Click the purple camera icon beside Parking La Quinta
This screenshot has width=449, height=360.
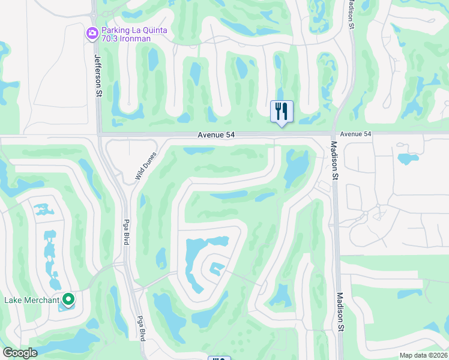(x=92, y=34)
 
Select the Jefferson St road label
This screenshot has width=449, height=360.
(x=98, y=75)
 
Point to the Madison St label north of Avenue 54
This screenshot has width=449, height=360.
(x=351, y=13)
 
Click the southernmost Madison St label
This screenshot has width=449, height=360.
(x=340, y=312)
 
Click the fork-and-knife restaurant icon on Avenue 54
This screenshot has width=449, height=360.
(x=282, y=112)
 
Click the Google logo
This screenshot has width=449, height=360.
(x=20, y=353)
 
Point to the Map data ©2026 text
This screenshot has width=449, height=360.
(x=423, y=355)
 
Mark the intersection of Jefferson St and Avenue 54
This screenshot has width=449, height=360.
(x=99, y=134)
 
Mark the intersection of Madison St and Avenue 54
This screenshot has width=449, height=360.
(x=334, y=133)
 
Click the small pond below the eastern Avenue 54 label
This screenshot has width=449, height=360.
(x=408, y=159)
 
